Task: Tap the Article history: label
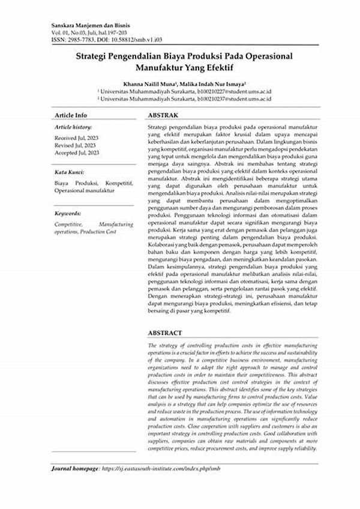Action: [73, 128]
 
